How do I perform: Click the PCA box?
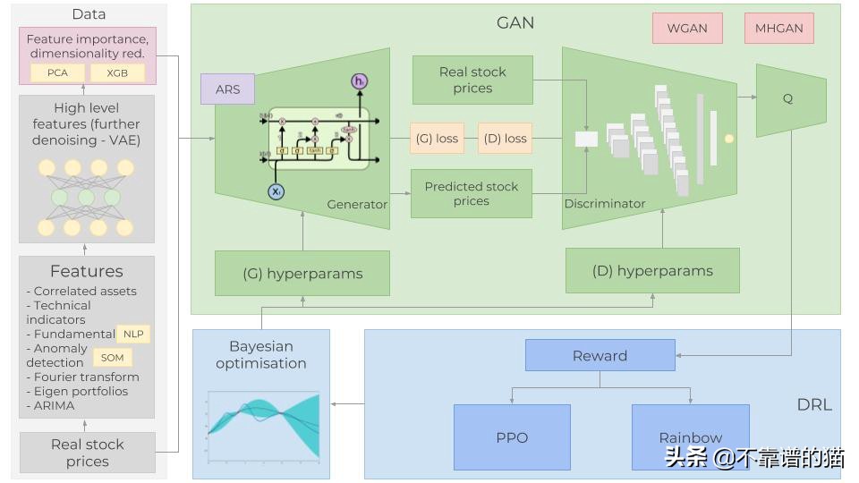click(x=57, y=72)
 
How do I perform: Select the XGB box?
click(x=116, y=72)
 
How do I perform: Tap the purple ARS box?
click(x=228, y=89)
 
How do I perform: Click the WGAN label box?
click(x=687, y=28)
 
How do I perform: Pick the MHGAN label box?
click(x=779, y=28)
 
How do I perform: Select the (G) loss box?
click(x=436, y=138)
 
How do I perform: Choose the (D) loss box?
click(x=505, y=138)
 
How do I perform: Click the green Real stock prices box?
click(x=472, y=80)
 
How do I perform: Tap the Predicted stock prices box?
click(x=472, y=193)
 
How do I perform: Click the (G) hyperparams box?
click(x=302, y=274)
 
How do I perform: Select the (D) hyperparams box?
click(x=652, y=271)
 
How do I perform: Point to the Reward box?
click(x=600, y=355)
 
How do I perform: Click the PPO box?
click(x=512, y=437)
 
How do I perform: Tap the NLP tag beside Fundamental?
click(x=133, y=334)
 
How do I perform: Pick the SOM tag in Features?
click(x=113, y=358)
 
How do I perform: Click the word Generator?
click(x=357, y=204)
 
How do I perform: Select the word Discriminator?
click(x=605, y=203)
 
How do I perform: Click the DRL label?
click(x=814, y=404)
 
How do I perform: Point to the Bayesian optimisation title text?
click(x=261, y=354)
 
